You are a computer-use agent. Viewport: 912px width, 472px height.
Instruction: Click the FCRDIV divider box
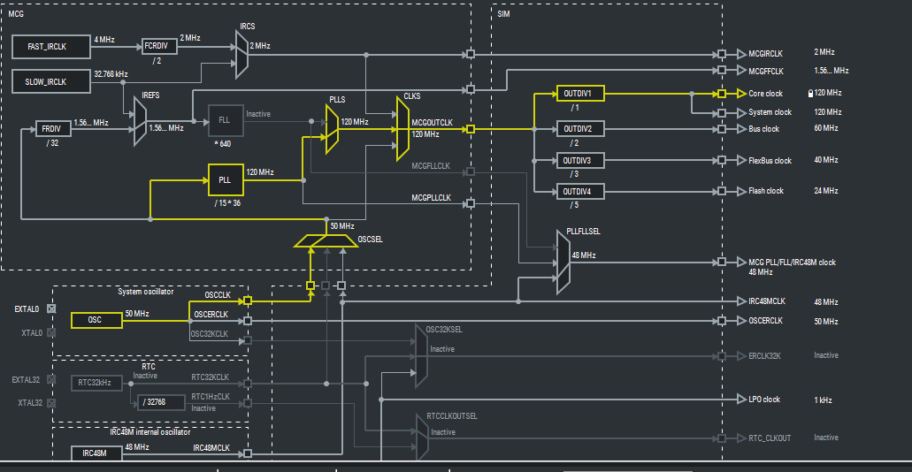[x=159, y=46]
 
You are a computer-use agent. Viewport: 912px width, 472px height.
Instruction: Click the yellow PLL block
[x=225, y=179]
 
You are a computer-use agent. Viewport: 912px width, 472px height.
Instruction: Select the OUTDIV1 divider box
[x=579, y=93]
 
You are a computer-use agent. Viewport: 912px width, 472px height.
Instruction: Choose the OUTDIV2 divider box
[x=579, y=128]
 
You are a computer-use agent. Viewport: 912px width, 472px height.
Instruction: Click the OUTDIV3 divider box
[x=579, y=160]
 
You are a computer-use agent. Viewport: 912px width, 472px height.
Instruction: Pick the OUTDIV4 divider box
[x=579, y=191]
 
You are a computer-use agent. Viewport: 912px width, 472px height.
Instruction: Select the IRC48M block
[x=95, y=453]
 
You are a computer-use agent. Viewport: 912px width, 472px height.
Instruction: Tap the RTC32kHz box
[x=95, y=382]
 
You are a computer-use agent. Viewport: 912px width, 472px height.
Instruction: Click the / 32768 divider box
[x=160, y=402]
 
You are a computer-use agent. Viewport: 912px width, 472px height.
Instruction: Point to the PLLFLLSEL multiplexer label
[x=583, y=232]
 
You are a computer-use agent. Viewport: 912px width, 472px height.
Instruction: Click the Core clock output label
[x=765, y=94]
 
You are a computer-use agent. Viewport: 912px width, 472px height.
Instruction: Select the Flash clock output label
[x=765, y=191]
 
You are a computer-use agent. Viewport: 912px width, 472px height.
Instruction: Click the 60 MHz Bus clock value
[x=826, y=128]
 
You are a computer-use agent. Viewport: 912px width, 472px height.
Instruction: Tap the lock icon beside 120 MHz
[x=809, y=93]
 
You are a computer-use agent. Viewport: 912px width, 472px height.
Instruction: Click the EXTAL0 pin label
[x=27, y=309]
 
